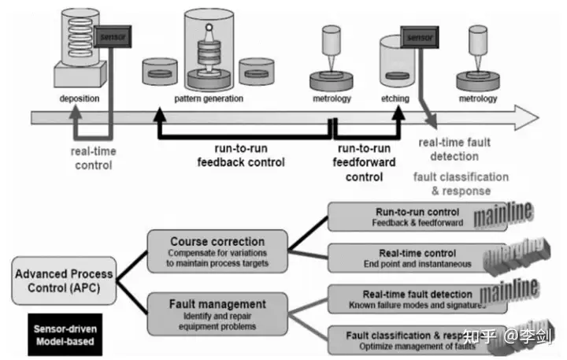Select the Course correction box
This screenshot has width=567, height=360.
(217, 250)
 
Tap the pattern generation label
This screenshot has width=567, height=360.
(208, 99)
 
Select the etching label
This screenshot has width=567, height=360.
(395, 99)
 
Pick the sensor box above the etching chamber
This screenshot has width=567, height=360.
(417, 35)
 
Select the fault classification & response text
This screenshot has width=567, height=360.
(461, 184)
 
